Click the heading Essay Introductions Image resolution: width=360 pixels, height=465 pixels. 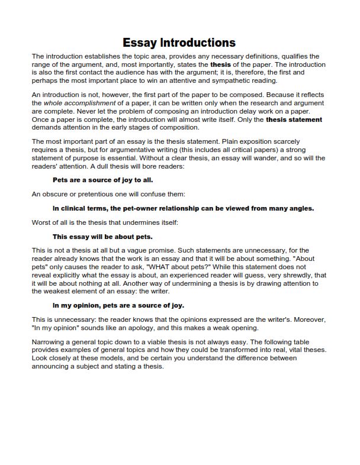tap(179, 43)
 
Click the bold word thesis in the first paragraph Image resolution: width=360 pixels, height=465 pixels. tap(220, 64)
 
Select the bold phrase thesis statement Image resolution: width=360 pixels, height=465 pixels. tap(294, 119)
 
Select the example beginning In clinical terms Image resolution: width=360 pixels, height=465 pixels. tap(183, 208)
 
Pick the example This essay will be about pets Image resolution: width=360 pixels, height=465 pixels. tap(102, 237)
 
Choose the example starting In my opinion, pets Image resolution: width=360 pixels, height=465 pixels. tap(118, 305)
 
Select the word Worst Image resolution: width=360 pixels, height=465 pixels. tap(42, 222)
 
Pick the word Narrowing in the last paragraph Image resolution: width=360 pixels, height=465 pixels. tap(49, 342)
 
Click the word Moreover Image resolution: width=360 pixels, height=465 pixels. tap(307, 319)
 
